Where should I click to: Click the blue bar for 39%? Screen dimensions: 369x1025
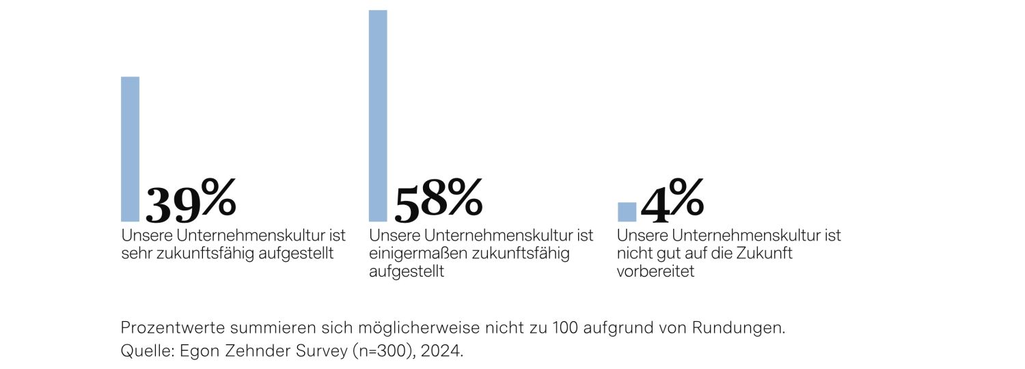pyautogui.click(x=130, y=149)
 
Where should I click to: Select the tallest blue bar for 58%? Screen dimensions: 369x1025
pyautogui.click(x=378, y=115)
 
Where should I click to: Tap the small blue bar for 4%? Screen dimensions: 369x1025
pyautogui.click(x=627, y=212)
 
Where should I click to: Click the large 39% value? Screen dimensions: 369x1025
pyautogui.click(x=191, y=201)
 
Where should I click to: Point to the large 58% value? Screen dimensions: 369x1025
pyautogui.click(x=438, y=201)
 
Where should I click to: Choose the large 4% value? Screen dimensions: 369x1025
pyautogui.click(x=672, y=201)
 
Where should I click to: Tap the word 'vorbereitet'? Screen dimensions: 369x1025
pyautogui.click(x=655, y=271)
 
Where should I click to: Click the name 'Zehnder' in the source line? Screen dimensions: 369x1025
pyautogui.click(x=258, y=352)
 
